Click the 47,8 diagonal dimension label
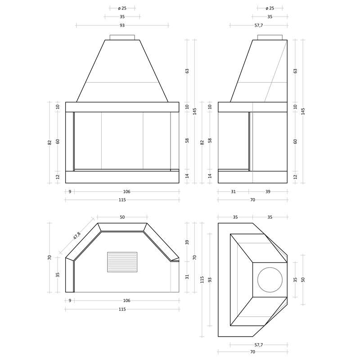point(77,236)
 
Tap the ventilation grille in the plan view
point(122,262)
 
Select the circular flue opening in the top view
point(270,279)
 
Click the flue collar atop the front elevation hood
point(122,37)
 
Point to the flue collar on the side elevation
point(270,37)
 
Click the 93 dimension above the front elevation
point(122,25)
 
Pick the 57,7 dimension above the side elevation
point(258,25)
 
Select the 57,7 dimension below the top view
point(258,345)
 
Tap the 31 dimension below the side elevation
point(233,192)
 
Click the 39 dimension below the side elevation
point(268,192)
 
